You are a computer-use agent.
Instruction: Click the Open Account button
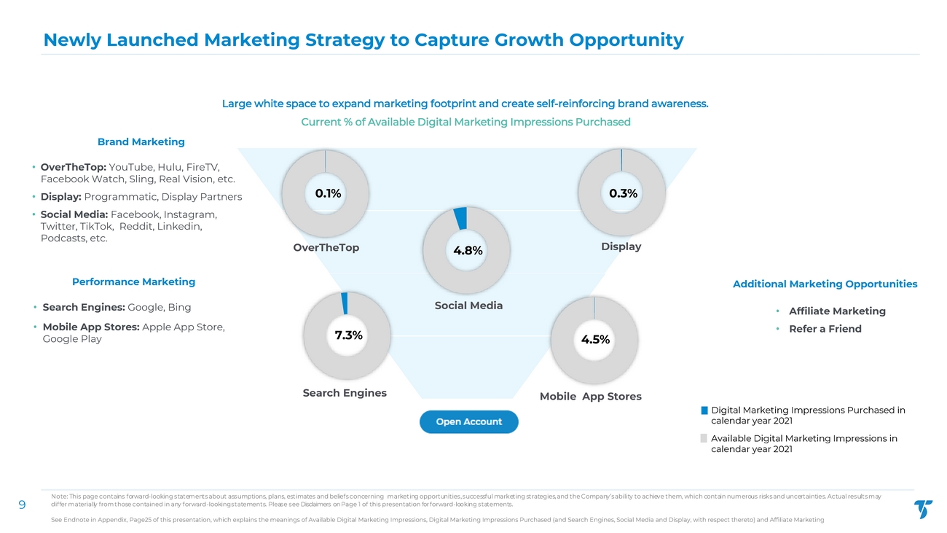[468, 421]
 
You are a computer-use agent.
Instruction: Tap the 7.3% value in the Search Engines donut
[348, 335]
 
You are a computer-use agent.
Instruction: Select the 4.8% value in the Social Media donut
[468, 251]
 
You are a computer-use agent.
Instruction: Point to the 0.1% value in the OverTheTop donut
[328, 193]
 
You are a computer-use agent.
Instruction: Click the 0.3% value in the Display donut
[623, 193]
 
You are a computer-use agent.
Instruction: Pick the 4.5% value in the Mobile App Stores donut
[595, 339]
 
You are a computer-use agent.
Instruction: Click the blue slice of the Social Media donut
[460, 217]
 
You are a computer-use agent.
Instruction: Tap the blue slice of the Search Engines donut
[345, 303]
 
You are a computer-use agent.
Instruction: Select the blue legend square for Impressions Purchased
[704, 411]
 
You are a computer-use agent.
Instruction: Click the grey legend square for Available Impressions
[704, 438]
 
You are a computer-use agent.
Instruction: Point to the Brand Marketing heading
[141, 141]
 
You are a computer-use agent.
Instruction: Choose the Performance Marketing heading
[133, 281]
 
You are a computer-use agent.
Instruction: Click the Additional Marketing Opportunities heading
[825, 284]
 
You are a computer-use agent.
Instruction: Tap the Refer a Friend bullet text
[825, 329]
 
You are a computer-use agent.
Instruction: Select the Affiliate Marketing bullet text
[837, 311]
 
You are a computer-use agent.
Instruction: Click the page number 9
[22, 504]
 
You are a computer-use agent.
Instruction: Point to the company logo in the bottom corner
[922, 509]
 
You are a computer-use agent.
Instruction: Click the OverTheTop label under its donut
[326, 248]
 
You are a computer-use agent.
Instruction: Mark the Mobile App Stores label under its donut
[590, 397]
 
